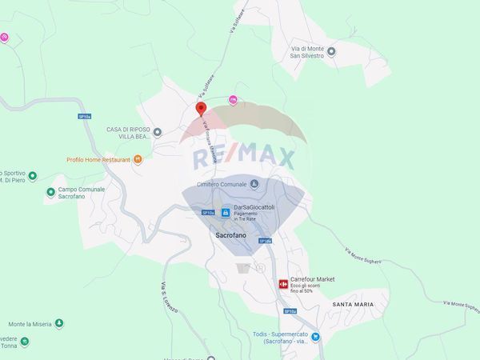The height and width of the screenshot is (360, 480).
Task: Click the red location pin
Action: tap(201, 109)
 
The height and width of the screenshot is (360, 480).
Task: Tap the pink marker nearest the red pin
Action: tap(233, 99)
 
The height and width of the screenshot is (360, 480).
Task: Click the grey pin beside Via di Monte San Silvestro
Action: tap(332, 52)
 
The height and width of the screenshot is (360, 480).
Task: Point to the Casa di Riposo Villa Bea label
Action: tap(128, 132)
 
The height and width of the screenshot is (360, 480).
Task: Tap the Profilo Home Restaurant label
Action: tap(98, 159)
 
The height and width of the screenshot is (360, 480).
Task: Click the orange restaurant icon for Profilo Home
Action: tap(138, 159)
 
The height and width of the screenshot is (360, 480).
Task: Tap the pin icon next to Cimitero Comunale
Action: tap(254, 184)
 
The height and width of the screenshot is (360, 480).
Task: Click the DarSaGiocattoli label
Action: tap(249, 206)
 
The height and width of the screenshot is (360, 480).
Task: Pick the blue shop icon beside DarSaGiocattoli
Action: tap(226, 213)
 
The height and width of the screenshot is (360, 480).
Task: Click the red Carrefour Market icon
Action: tap(282, 283)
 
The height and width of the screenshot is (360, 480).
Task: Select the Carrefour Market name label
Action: tap(312, 279)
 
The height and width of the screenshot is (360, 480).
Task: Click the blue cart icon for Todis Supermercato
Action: tap(316, 336)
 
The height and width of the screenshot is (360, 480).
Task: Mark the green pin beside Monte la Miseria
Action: tap(58, 324)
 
